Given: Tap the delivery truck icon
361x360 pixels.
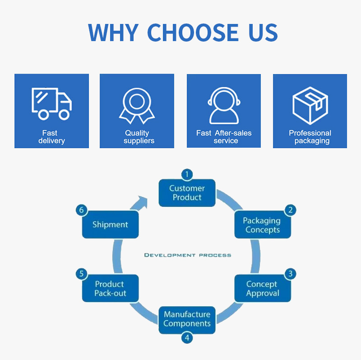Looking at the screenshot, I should (51, 103).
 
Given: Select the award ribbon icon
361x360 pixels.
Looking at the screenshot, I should (137, 105).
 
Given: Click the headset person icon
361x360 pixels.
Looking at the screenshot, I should (224, 105).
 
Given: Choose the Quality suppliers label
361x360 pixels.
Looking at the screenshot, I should (137, 137).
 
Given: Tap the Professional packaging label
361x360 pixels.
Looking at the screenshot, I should (310, 137).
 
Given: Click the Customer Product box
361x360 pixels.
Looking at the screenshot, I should (187, 193).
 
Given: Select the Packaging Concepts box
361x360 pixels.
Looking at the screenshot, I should (262, 225).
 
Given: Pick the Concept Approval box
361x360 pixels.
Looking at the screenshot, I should (262, 288).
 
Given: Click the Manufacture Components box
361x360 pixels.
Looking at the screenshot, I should (187, 319).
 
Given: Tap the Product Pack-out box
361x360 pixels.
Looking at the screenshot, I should (110, 288).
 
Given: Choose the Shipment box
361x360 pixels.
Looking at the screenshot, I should (110, 225).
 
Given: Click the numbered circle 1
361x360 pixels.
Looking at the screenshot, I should (187, 174).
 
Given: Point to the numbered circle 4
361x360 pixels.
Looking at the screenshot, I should (187, 337).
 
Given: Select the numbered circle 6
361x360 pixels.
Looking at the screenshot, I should (82, 210).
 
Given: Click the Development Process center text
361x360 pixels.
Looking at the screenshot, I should (187, 255).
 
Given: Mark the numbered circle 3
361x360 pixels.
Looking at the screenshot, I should (291, 274).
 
